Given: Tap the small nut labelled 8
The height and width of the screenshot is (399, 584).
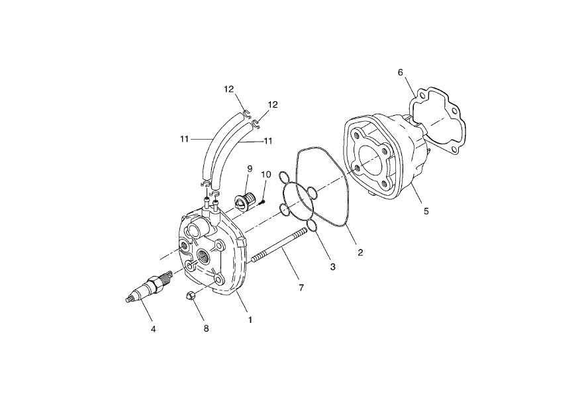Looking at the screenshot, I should [189, 295].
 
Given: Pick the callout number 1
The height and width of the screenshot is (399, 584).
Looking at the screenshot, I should [250, 320].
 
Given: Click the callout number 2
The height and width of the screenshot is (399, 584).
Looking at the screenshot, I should [360, 252].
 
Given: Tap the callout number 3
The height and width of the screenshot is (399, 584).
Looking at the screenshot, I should [332, 267].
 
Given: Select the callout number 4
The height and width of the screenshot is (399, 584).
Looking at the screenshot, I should [154, 329].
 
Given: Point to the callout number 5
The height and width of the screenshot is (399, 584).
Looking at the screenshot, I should [426, 211].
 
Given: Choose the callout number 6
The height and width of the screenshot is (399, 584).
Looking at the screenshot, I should [400, 72].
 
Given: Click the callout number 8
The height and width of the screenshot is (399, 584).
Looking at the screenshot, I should [206, 328].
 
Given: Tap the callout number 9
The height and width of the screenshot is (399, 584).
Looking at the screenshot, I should [250, 169].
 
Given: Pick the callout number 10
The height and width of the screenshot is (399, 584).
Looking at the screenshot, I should [266, 174].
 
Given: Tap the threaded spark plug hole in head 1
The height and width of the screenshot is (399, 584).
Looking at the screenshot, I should [203, 257].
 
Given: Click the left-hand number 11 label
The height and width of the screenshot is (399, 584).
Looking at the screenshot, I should [184, 140].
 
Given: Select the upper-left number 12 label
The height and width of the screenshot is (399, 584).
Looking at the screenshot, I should [228, 89].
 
